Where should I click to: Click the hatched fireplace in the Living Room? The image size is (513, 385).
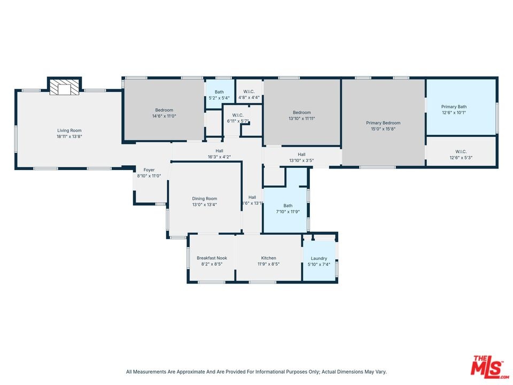point(65,87)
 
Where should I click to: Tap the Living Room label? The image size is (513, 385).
point(69,130)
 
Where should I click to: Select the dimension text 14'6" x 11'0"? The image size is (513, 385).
point(164,116)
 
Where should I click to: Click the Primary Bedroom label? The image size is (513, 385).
point(383,123)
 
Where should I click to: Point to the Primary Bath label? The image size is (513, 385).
point(454,106)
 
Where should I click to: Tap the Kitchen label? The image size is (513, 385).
point(269,258)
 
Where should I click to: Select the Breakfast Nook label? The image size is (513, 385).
point(212,258)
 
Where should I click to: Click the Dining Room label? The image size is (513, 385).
point(205,198)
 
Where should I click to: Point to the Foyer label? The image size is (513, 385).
point(149,170)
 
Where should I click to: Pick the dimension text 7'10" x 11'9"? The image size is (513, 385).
point(288,212)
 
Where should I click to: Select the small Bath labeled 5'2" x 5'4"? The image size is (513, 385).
point(219,92)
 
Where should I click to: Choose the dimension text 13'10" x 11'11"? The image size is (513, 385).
point(301,119)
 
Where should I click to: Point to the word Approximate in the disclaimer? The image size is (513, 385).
point(190,372)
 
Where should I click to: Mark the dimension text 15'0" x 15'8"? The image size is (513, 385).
point(383,129)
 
